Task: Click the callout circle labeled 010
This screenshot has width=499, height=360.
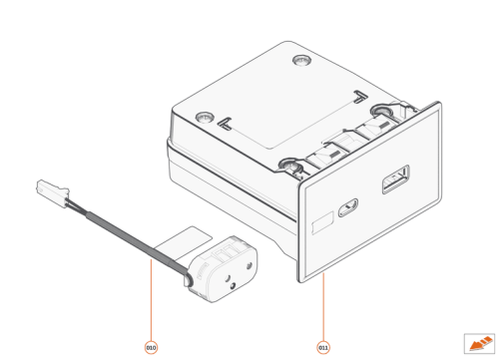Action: point(151,347)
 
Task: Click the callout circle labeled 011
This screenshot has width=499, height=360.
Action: point(322,347)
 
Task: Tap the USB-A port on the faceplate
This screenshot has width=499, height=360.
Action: point(394,183)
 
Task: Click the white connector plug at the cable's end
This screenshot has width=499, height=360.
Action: point(51,187)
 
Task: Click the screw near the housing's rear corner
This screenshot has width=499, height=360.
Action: point(302,62)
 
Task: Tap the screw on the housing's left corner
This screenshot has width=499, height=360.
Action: point(203,117)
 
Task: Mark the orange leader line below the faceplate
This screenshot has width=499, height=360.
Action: point(322,309)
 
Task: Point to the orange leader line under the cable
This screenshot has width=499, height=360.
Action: point(151,299)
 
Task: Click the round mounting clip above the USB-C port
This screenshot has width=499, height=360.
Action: point(289,165)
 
